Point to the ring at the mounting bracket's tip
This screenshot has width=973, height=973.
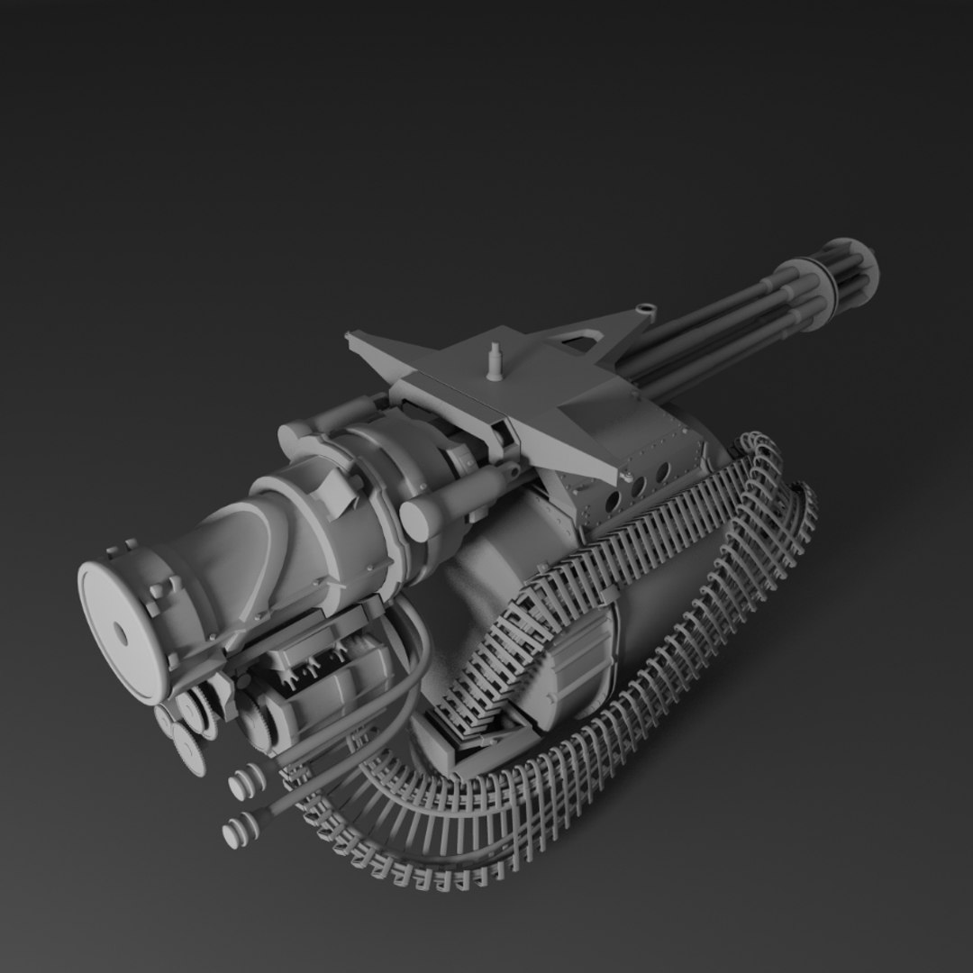(x=645, y=309)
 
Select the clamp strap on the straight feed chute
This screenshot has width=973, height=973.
(x=610, y=596)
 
